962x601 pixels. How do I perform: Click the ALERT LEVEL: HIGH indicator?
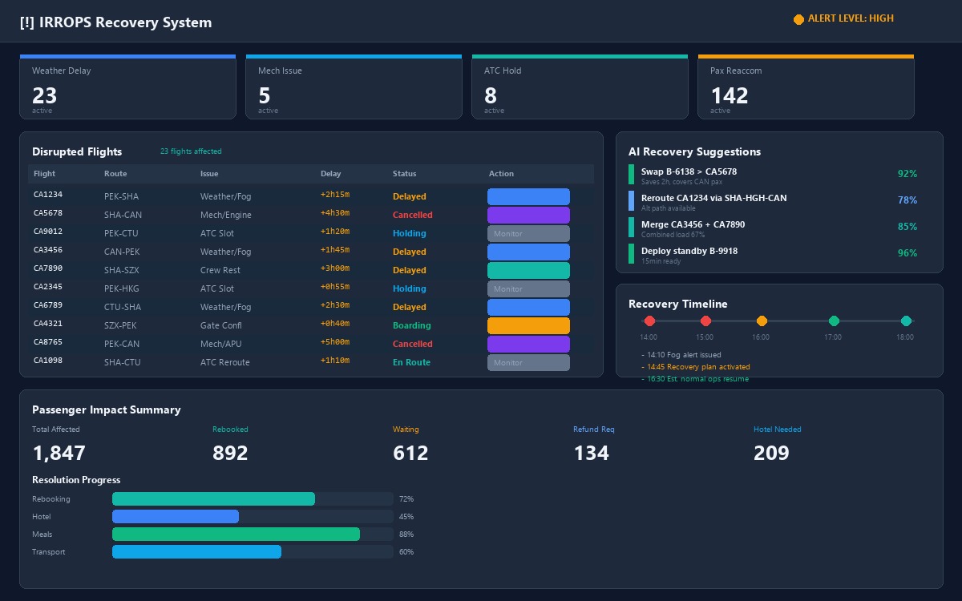[x=843, y=18]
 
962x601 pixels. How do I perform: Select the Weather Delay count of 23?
[x=45, y=95]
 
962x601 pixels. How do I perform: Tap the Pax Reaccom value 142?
[x=729, y=95]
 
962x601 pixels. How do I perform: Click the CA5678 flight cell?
[x=48, y=213]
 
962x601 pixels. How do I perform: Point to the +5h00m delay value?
[x=335, y=343]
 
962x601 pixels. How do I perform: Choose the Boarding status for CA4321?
[x=411, y=325]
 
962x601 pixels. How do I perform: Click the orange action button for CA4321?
[x=528, y=325]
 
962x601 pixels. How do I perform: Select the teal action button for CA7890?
[x=528, y=270]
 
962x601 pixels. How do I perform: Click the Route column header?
[x=115, y=174]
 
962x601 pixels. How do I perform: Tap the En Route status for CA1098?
[x=411, y=362]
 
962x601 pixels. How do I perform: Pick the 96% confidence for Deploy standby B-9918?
[x=907, y=253]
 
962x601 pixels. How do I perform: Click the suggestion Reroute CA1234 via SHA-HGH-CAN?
[x=713, y=198]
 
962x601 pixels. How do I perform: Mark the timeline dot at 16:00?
[x=762, y=321]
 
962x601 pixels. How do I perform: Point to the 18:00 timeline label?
[x=905, y=337]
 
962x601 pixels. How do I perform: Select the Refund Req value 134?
[x=591, y=453]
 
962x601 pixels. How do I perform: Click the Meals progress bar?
[x=236, y=534]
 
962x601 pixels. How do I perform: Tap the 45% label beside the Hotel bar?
[x=406, y=517]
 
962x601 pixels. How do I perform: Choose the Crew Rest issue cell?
[x=220, y=270]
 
